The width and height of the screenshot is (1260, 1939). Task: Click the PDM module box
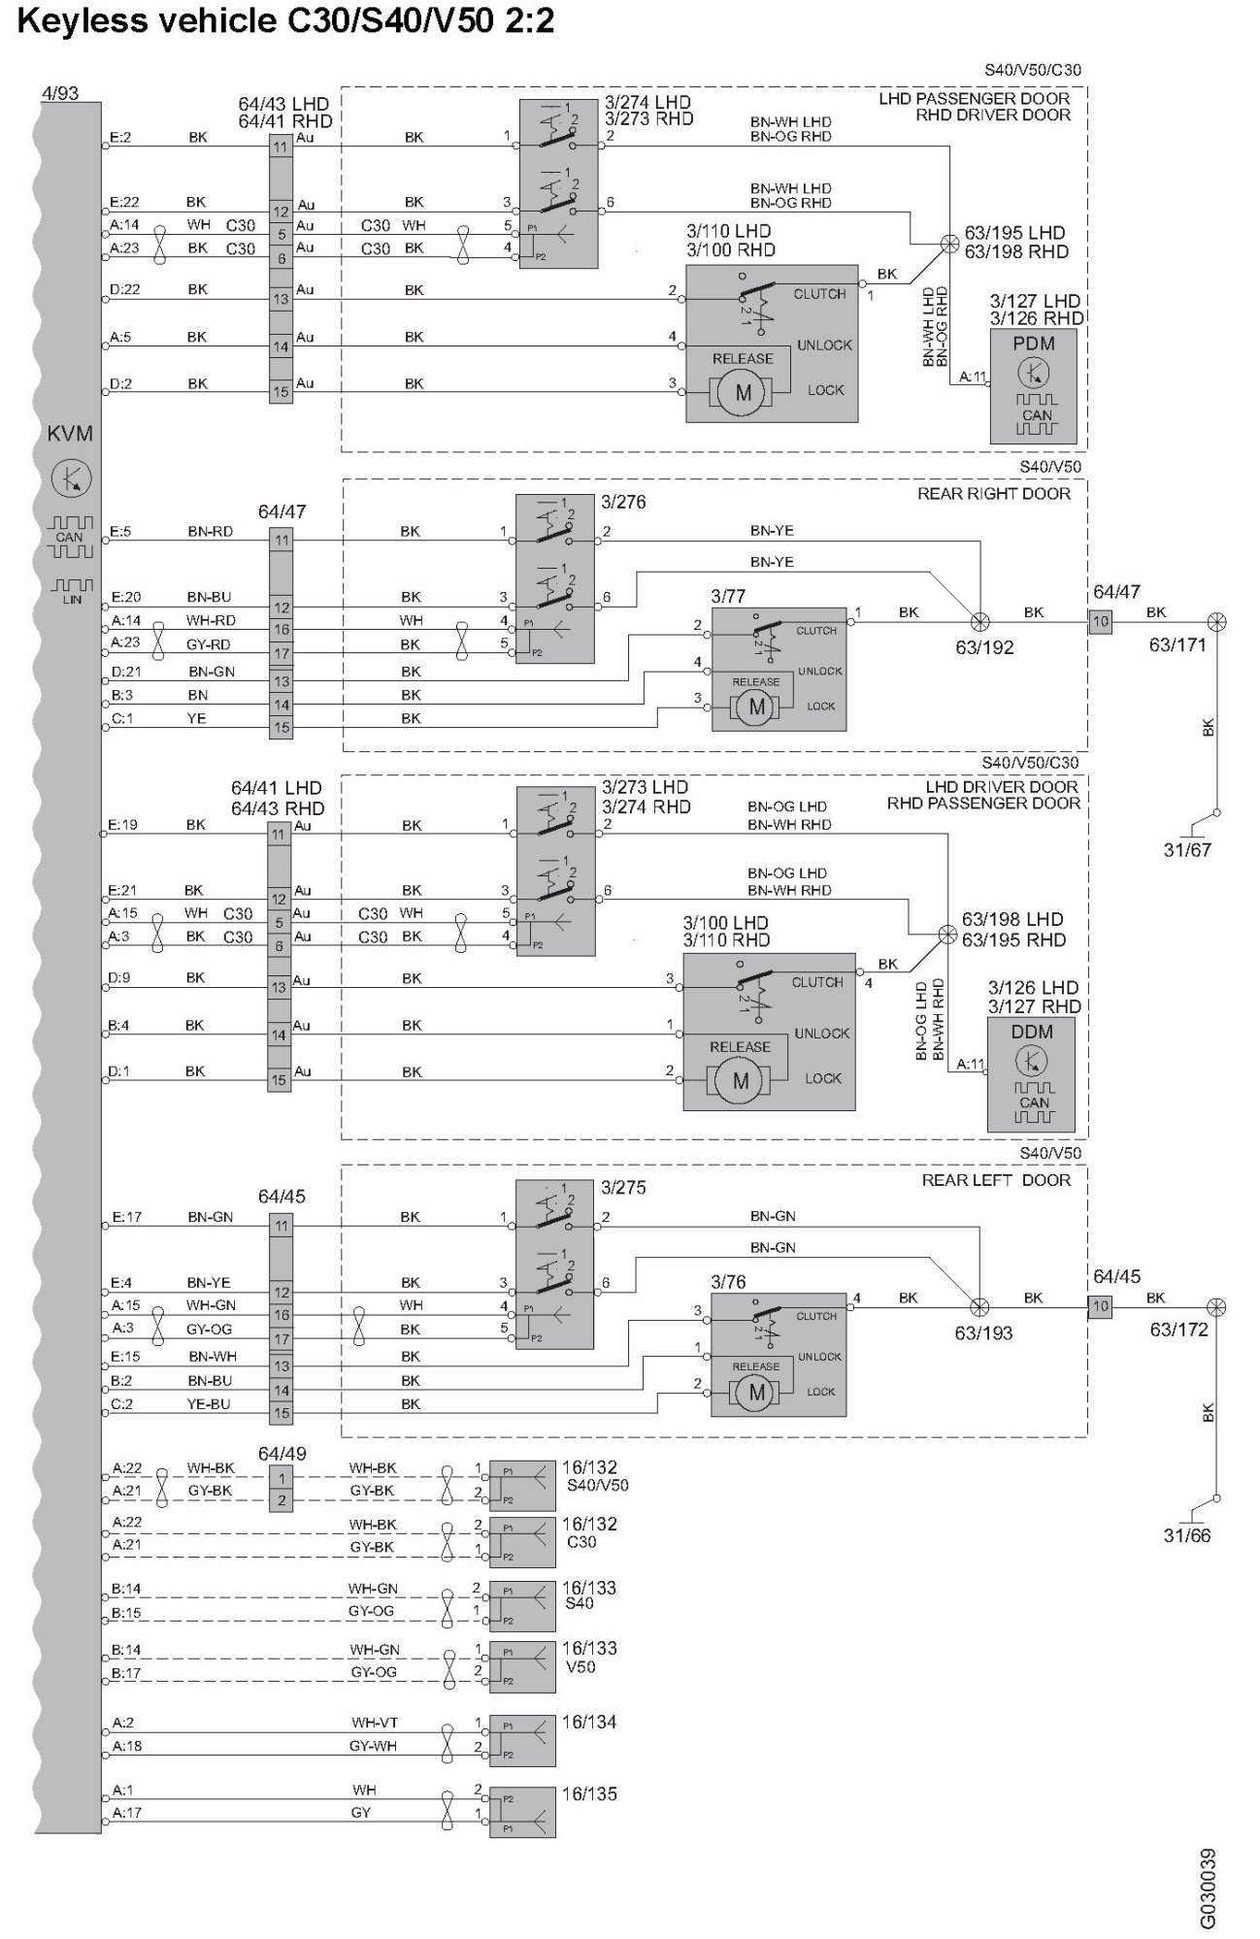[1036, 386]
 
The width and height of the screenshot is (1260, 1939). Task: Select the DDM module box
[1032, 1073]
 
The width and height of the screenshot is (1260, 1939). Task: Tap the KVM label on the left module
[70, 434]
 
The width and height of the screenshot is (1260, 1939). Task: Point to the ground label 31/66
[1186, 1535]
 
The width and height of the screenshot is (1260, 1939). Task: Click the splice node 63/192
[980, 621]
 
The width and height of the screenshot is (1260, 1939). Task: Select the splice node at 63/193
[980, 1307]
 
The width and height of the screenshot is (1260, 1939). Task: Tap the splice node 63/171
[1215, 621]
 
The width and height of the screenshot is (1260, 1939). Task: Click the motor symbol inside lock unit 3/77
[757, 707]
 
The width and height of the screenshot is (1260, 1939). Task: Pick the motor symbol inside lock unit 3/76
[757, 1393]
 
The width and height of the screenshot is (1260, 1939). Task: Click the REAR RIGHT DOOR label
[994, 494]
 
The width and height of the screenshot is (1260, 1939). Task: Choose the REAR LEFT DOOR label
[996, 1180]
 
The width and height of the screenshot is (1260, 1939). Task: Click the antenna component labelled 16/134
[522, 1739]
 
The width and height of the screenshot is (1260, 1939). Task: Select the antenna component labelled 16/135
[522, 1811]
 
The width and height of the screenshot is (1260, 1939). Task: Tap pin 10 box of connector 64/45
[1100, 1306]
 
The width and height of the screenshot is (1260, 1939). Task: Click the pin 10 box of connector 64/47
[1100, 621]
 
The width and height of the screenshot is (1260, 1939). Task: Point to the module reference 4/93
[60, 93]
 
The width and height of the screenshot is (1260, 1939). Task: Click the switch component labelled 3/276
[554, 578]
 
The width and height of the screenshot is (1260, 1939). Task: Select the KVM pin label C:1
[122, 718]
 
